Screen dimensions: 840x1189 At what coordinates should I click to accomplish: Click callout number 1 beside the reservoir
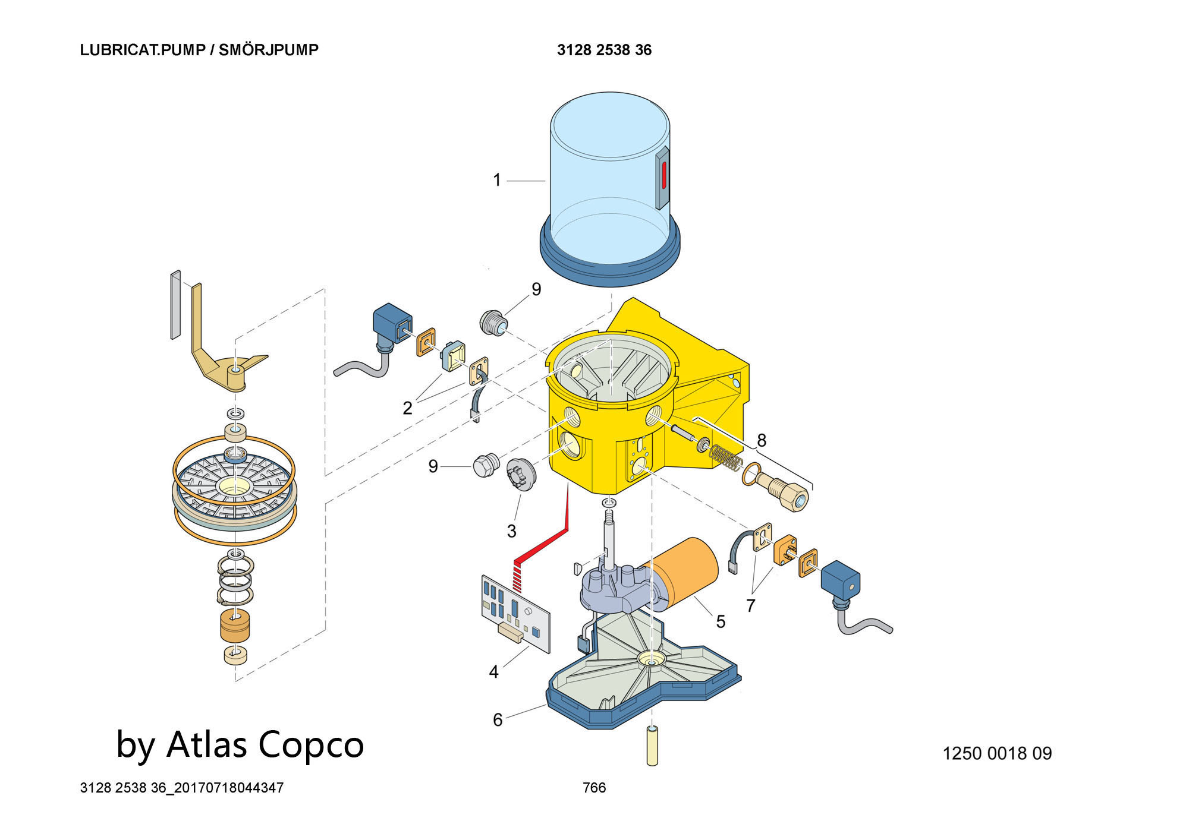pos(497,180)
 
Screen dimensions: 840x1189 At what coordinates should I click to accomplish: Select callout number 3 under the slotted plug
pos(511,530)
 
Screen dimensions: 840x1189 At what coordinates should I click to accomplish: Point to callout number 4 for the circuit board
pos(493,672)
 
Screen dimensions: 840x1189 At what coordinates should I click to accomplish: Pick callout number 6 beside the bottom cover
pos(498,720)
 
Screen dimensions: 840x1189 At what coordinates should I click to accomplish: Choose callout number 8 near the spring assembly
pos(762,440)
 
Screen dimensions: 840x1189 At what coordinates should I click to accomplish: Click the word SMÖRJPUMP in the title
pos(268,50)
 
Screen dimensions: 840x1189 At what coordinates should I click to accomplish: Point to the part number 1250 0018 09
pos(997,753)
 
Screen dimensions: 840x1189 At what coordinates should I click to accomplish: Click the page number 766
pos(594,788)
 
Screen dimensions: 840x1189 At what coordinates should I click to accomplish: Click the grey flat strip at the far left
pos(175,305)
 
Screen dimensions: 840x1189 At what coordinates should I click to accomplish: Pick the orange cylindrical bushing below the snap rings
pos(235,626)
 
